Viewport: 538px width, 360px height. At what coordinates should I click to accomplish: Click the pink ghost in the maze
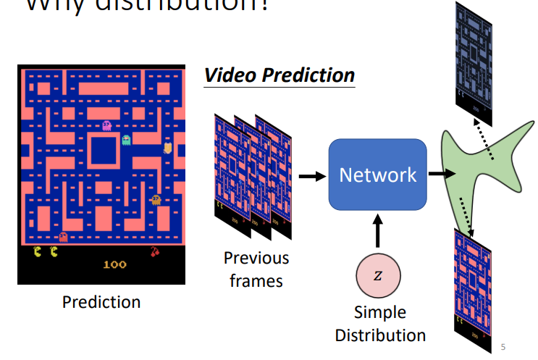[107, 126]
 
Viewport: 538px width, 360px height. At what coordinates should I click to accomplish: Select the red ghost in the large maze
[64, 236]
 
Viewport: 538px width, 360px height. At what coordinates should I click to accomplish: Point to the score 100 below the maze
[114, 264]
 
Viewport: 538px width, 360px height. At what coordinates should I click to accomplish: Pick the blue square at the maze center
[104, 151]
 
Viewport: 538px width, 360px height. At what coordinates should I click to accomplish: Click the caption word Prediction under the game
[101, 301]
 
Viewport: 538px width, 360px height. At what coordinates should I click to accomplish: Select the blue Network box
[377, 175]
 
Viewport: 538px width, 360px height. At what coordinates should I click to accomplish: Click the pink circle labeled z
[377, 276]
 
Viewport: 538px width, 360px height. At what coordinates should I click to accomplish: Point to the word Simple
[380, 313]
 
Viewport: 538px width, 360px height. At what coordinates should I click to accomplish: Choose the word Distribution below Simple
[380, 335]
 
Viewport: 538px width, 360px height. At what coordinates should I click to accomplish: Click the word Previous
[256, 258]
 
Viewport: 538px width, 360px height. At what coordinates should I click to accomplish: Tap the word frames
[256, 280]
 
